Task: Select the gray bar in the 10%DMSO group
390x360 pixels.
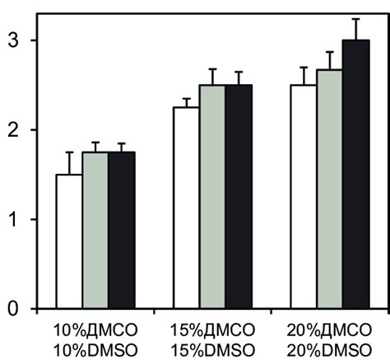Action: click(95, 231)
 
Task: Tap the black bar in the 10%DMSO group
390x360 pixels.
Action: click(122, 231)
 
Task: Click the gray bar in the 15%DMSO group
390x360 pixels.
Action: click(212, 197)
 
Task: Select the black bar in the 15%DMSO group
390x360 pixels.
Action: click(239, 197)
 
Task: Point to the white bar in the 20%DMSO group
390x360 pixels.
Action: click(304, 197)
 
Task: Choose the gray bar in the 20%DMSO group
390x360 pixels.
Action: click(330, 189)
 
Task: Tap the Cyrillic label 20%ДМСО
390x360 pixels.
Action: click(330, 329)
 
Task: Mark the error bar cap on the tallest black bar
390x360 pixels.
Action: click(356, 19)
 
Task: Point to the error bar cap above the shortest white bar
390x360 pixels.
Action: click(69, 152)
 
